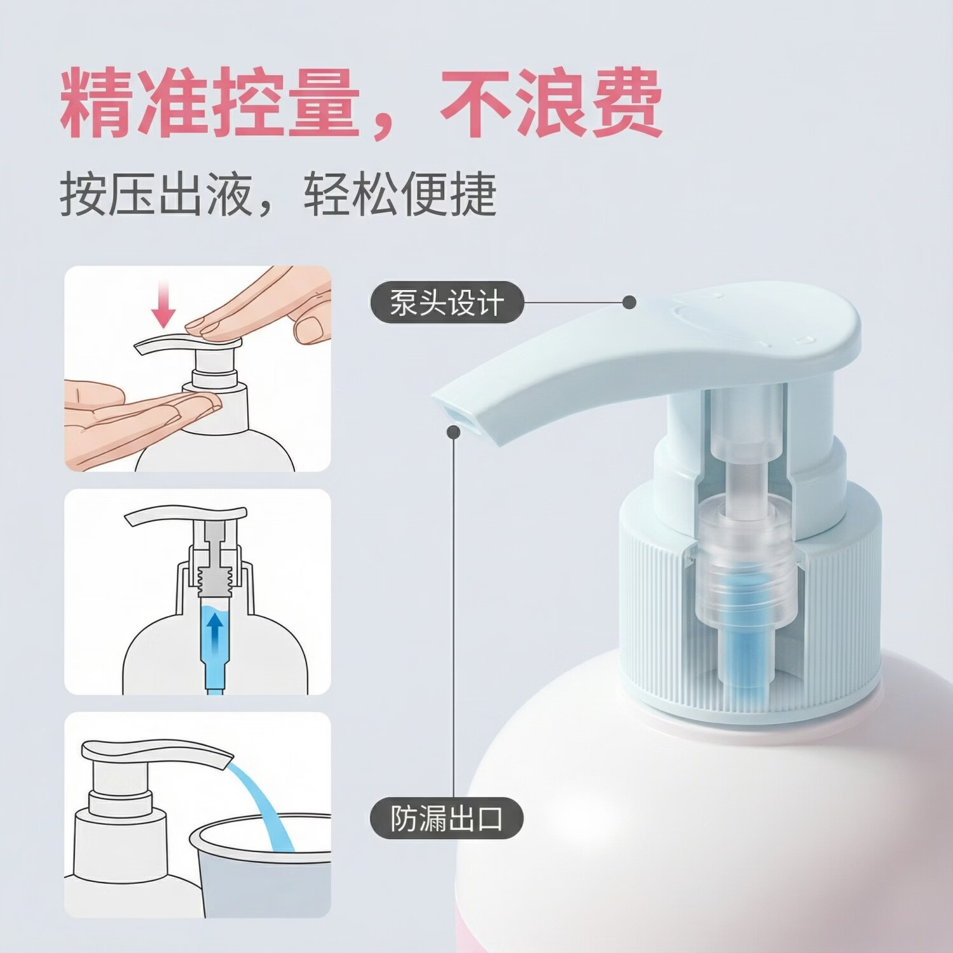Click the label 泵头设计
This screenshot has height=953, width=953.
pos(447,303)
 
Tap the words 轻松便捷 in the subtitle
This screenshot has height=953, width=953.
pos(400,195)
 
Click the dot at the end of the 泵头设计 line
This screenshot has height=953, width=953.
pos(629,303)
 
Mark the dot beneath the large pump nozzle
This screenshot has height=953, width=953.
pos(453,432)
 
